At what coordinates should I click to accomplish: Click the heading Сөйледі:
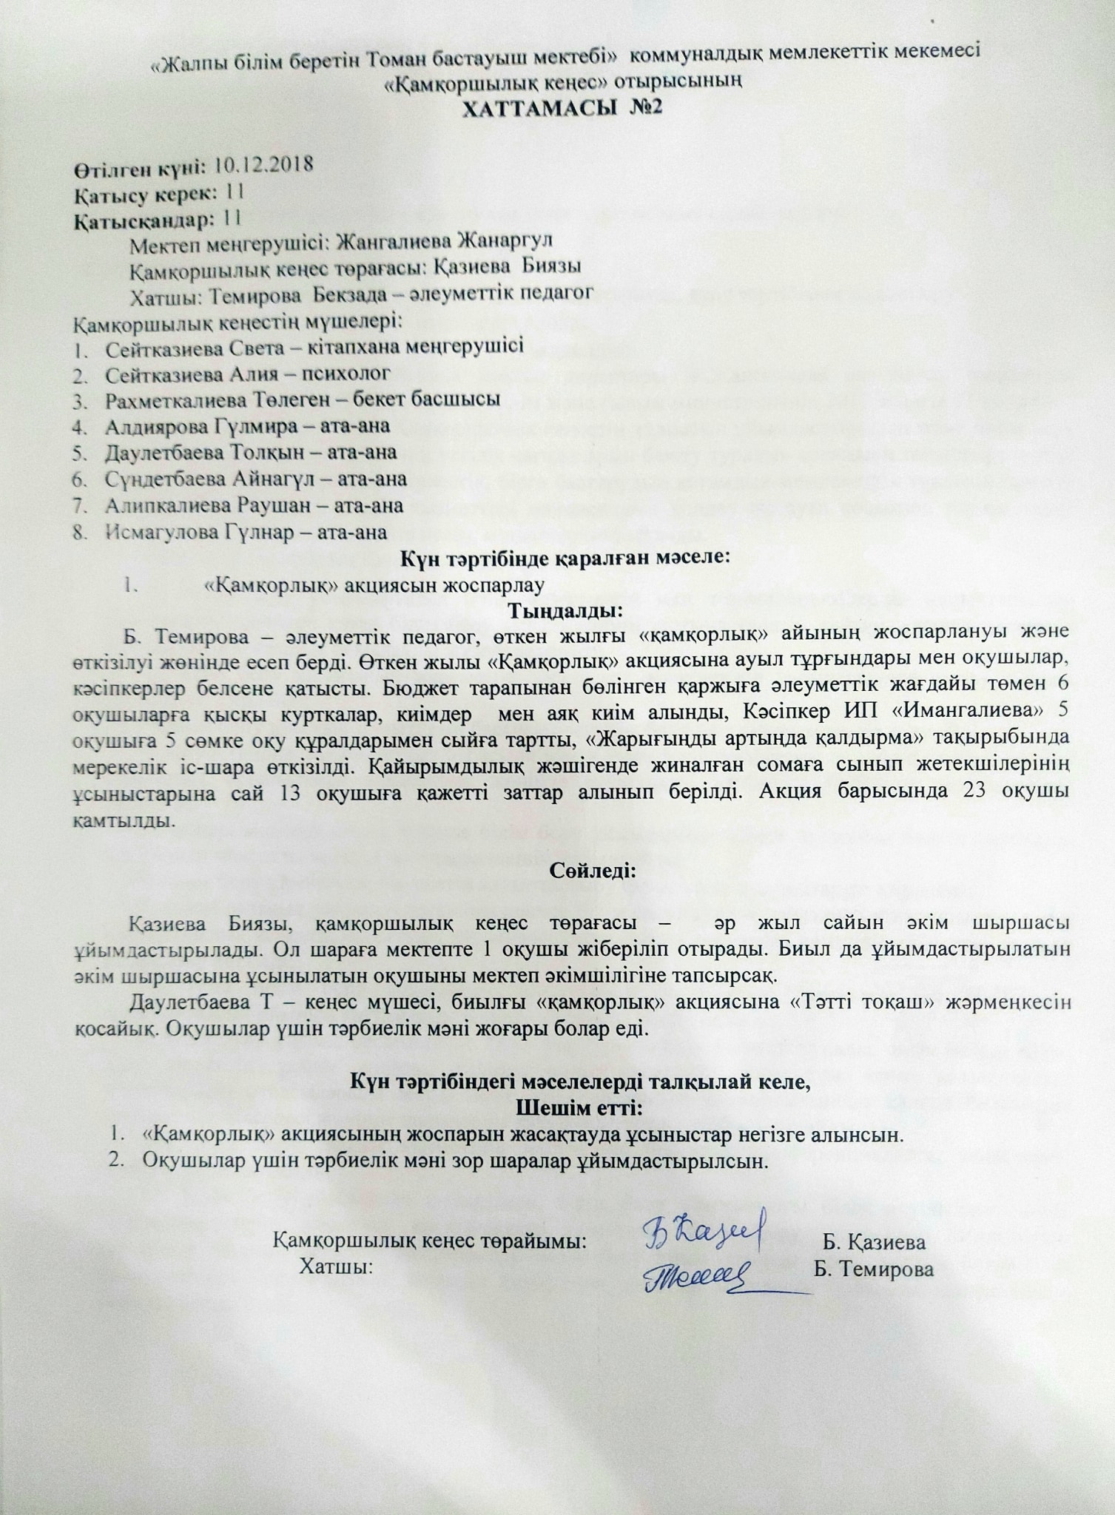[592, 868]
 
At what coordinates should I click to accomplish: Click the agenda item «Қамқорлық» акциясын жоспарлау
[374, 585]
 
